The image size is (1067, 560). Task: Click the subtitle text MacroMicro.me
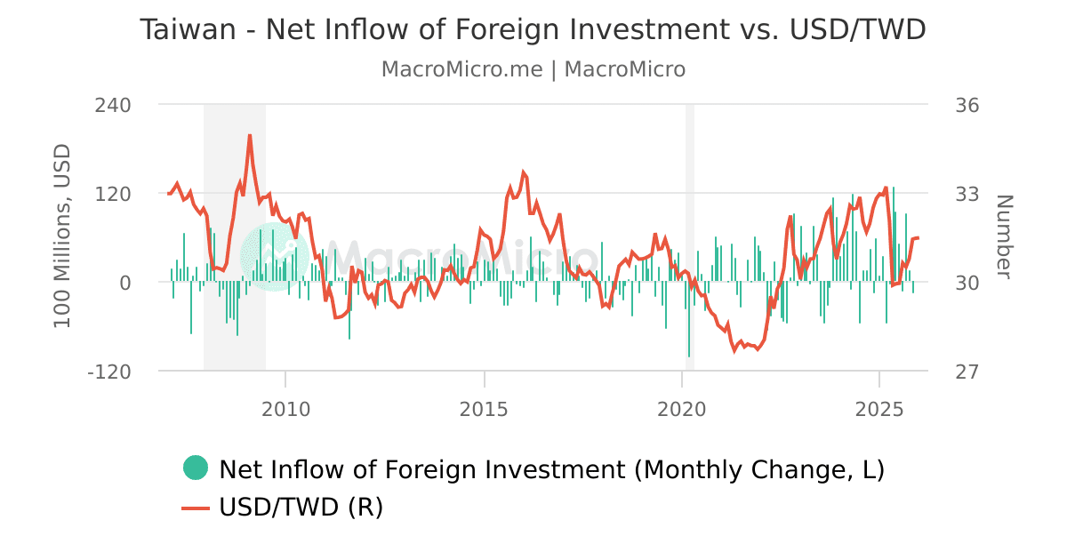(461, 69)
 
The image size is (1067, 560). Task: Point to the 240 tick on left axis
(112, 105)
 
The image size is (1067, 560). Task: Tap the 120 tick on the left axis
(112, 194)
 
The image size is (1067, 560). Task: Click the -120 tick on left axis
(108, 372)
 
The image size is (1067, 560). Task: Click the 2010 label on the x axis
(285, 409)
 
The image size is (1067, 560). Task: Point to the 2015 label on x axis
(484, 409)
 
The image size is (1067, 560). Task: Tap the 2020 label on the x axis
(681, 409)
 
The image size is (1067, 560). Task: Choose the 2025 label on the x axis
(879, 409)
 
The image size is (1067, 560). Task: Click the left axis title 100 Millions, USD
(62, 236)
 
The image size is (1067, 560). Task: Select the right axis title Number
(1003, 236)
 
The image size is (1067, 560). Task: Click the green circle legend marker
(196, 468)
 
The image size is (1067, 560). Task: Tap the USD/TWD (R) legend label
(301, 508)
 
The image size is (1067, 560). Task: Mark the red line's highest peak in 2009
(250, 135)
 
